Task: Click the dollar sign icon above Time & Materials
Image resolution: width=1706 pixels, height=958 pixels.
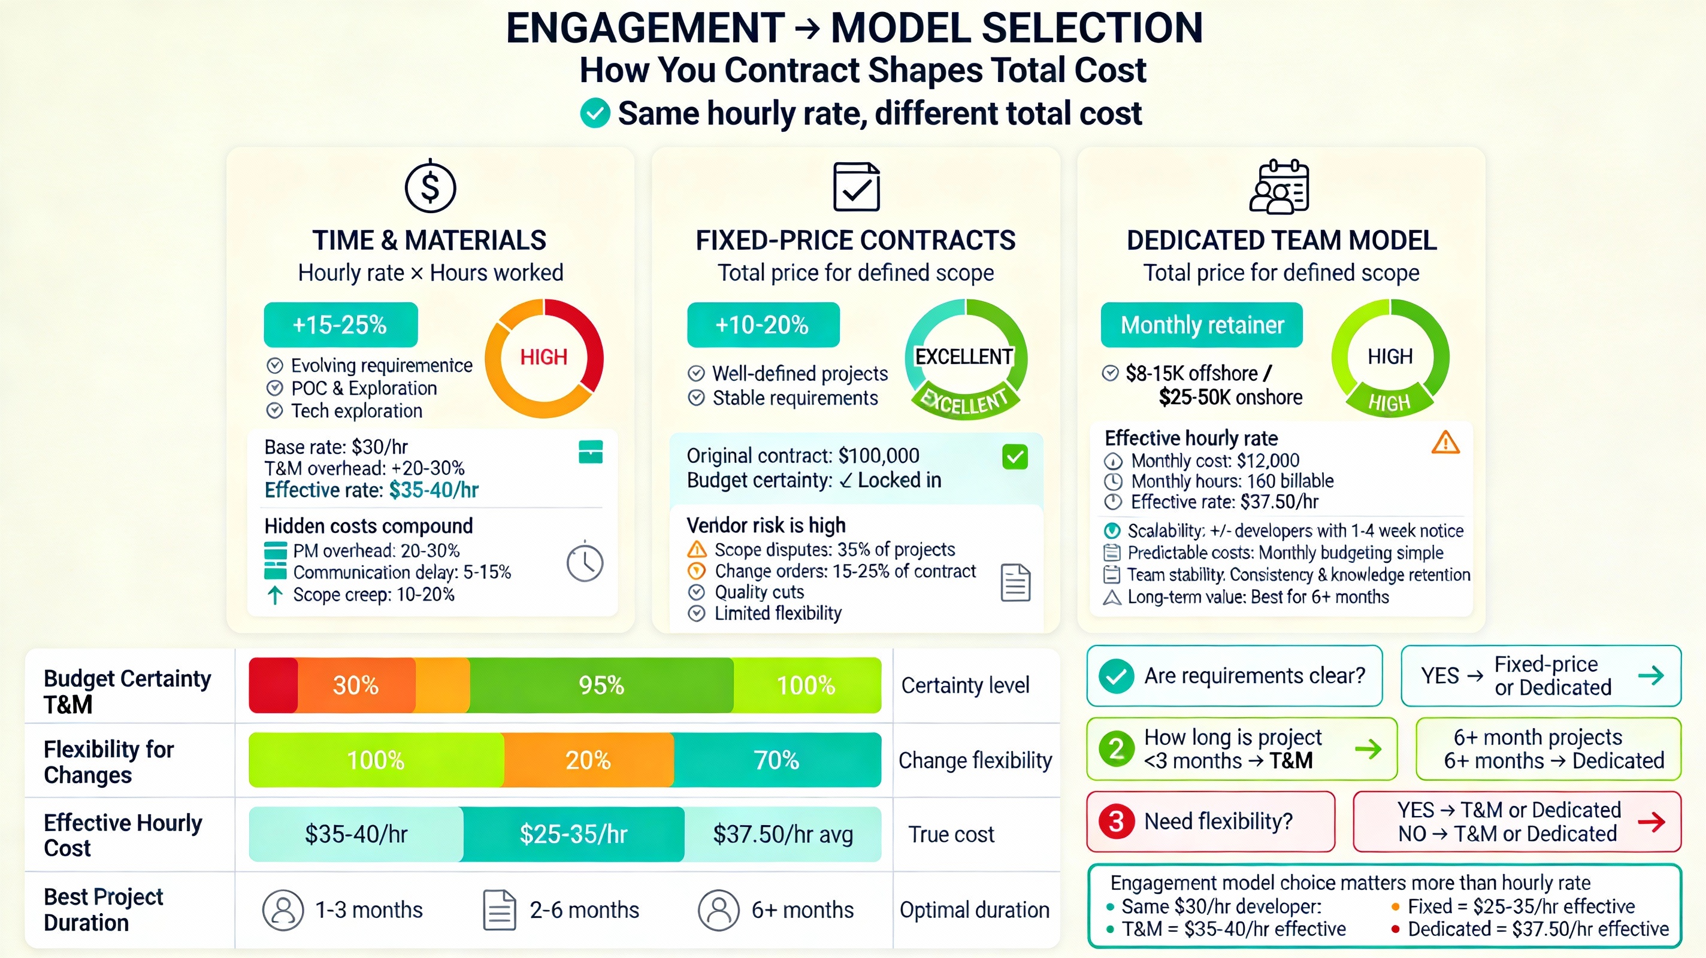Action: point(431,187)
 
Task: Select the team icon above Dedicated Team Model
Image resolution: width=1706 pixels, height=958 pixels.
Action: point(1279,187)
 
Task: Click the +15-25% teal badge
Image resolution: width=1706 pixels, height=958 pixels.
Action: point(340,325)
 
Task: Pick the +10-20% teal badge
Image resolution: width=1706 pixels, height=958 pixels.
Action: point(763,325)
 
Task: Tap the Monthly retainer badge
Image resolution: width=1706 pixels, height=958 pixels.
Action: point(1202,325)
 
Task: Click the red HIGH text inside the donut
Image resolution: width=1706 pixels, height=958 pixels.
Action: point(544,357)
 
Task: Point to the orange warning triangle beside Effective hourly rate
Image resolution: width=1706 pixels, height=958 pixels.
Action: point(1445,443)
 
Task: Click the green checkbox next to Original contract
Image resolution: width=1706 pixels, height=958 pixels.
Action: point(1015,457)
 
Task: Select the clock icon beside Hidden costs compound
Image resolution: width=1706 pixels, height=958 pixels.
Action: point(585,563)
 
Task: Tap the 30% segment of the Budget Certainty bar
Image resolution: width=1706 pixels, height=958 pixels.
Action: point(356,685)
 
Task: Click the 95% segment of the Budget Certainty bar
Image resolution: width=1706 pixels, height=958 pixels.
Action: point(601,685)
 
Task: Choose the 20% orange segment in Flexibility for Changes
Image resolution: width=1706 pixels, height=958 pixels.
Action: point(588,760)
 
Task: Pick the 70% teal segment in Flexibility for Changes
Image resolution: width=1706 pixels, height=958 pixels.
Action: point(777,760)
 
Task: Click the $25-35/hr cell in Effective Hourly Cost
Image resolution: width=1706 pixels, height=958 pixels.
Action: point(573,834)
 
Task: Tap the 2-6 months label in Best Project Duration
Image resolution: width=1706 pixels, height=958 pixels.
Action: point(584,910)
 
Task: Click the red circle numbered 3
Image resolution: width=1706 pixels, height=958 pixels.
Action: point(1117,821)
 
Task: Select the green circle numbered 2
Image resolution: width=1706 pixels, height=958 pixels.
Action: point(1117,749)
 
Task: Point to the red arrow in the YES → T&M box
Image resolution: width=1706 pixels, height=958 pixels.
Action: point(1651,821)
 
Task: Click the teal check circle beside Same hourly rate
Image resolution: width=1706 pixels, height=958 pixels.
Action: point(595,113)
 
